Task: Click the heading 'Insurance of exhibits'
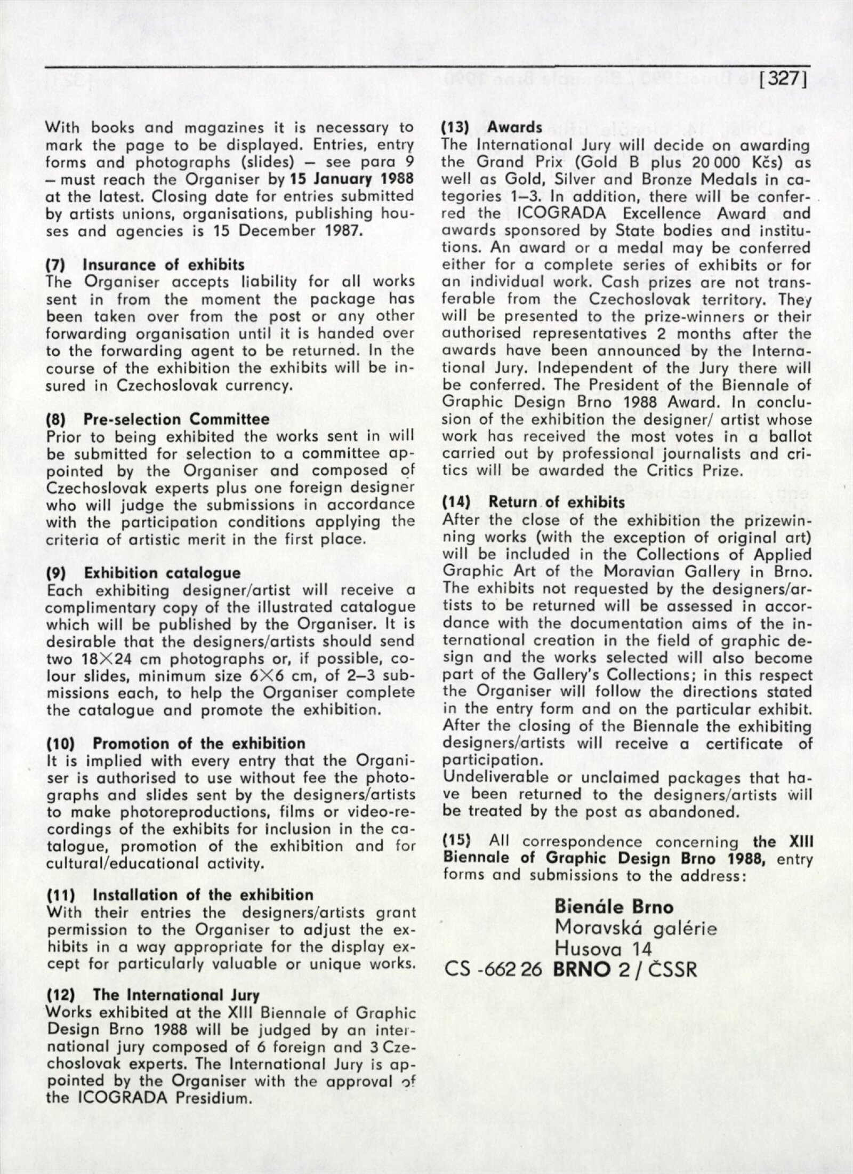(164, 265)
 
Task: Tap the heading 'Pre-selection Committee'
(176, 419)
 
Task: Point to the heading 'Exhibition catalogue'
(163, 573)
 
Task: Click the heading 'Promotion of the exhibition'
(199, 744)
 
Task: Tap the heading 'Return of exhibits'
(557, 502)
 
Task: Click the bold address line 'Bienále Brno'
(614, 907)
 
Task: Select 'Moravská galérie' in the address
(635, 928)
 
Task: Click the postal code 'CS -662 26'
(493, 970)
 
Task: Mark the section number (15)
(457, 842)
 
